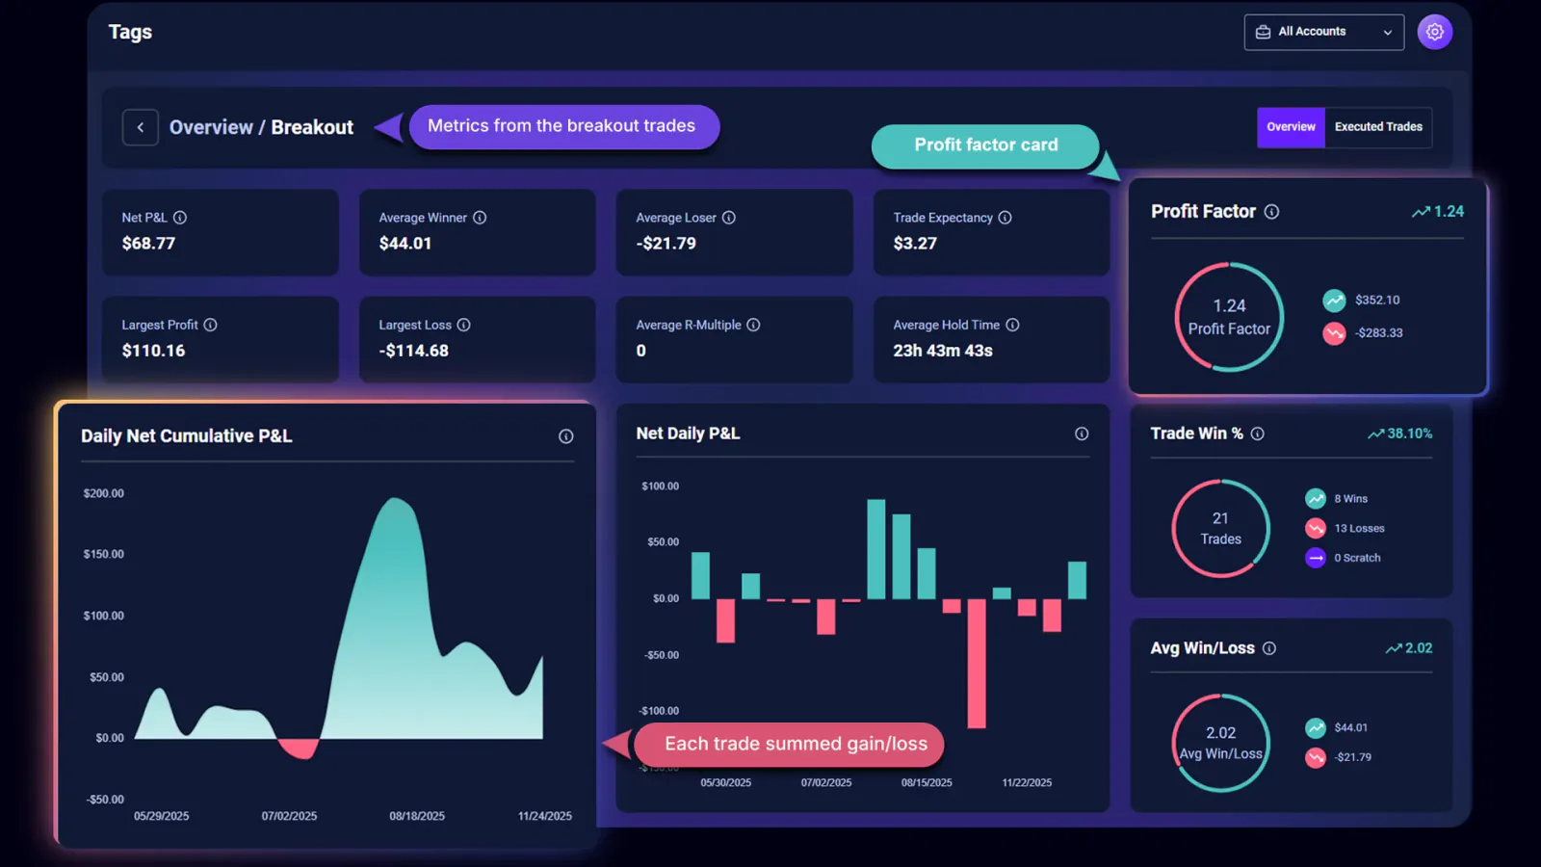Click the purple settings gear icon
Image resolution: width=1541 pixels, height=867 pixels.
pos(1434,32)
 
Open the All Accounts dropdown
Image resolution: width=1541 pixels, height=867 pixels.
pos(1323,32)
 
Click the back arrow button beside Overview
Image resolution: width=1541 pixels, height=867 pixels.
pos(141,127)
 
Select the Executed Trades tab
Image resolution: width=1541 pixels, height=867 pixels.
pos(1377,127)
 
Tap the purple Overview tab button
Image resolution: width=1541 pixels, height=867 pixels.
pos(1291,127)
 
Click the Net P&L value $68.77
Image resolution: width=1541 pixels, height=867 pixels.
pos(148,244)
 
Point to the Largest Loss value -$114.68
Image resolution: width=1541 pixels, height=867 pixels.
pos(413,351)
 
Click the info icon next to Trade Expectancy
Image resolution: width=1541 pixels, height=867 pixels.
pos(1005,218)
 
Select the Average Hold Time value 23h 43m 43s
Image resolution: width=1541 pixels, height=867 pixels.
pos(942,351)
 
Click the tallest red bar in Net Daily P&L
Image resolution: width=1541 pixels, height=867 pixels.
pos(977,663)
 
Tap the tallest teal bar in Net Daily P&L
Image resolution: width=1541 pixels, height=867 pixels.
pos(875,549)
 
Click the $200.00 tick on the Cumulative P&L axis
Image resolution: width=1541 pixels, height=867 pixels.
pos(104,493)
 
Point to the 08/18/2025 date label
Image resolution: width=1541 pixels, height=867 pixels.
pos(417,816)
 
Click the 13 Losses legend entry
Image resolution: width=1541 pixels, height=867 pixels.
pos(1358,529)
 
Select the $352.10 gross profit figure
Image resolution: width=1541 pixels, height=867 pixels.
pos(1376,301)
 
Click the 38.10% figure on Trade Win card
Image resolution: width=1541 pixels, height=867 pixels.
pos(1409,434)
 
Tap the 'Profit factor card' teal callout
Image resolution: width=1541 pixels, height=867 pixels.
pos(985,145)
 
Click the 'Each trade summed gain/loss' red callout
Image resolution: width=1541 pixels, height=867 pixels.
pos(796,744)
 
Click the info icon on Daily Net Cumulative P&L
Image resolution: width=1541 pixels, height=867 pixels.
pos(566,436)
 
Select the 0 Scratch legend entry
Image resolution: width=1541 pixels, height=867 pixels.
pos(1356,558)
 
